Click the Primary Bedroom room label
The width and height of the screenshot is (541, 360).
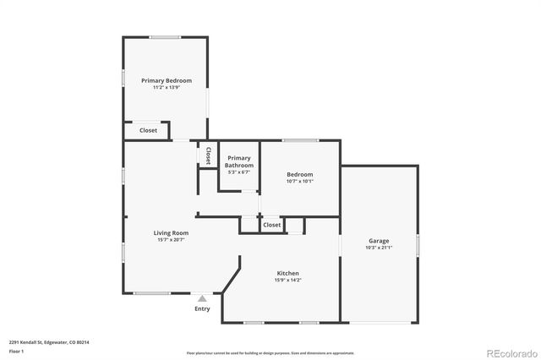coord(167,80)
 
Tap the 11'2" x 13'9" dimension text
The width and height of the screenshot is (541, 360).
coord(167,87)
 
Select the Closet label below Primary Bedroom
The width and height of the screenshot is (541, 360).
coord(148,130)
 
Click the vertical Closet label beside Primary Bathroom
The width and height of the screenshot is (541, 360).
coord(208,155)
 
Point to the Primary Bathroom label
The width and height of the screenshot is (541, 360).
coord(239,161)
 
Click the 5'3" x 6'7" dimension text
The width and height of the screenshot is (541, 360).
coord(239,172)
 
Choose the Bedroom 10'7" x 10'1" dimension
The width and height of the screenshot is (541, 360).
coord(300,181)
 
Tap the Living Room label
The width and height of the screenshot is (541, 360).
coord(171,232)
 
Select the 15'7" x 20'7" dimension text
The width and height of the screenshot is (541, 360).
coord(171,240)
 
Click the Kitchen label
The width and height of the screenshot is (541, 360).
coord(288,273)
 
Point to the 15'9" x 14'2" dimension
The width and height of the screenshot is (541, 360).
coord(288,281)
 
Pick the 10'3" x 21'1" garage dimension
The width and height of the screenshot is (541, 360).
coord(378,248)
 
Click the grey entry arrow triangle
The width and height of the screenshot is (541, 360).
coord(202,298)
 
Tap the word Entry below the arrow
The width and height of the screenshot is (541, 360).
coord(202,308)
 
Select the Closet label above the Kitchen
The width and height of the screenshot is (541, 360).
coord(272,225)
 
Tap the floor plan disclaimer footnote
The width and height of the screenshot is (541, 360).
coord(270,353)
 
